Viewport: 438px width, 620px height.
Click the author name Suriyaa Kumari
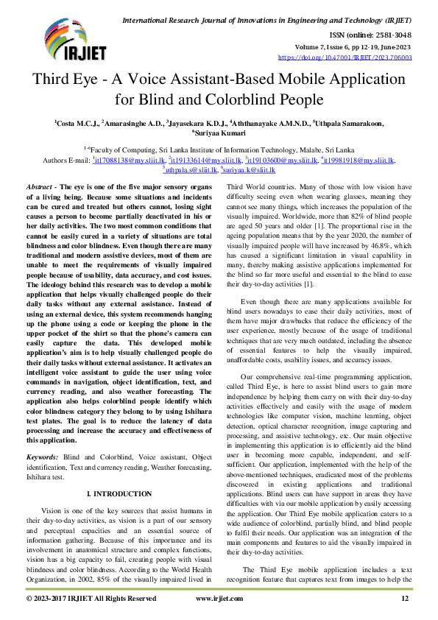219,133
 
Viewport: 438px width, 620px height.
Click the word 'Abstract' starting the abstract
40,189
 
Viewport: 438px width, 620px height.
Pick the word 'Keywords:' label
43,457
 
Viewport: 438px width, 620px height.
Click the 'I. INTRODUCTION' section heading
119,493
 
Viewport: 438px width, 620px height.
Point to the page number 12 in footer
404,599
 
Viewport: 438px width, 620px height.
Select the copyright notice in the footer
91,599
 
